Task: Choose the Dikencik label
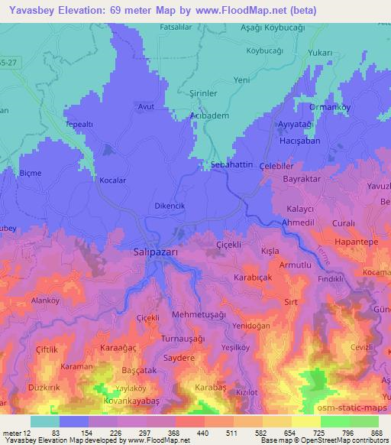pyautogui.click(x=171, y=206)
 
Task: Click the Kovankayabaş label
pyautogui.click(x=131, y=401)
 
